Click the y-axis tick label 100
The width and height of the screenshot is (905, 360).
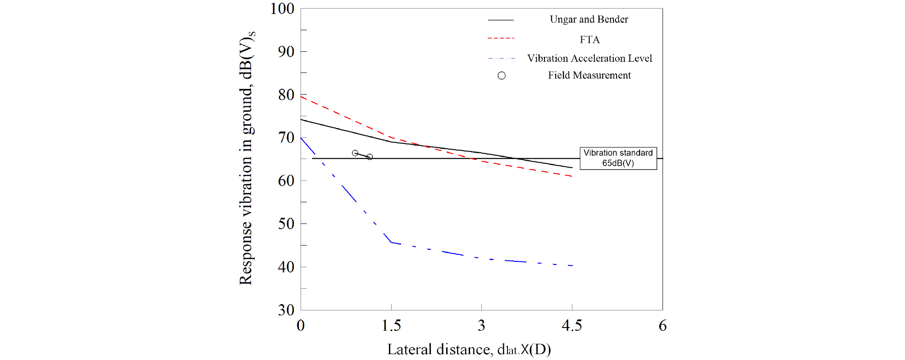(x=282, y=9)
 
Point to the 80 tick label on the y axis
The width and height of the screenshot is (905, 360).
(x=286, y=95)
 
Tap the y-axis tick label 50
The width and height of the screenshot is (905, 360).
(x=286, y=223)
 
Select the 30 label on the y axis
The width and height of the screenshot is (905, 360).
(x=286, y=310)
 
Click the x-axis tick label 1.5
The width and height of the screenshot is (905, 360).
(x=391, y=326)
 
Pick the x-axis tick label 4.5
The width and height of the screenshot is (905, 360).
(x=571, y=326)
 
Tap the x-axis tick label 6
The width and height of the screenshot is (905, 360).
(x=663, y=326)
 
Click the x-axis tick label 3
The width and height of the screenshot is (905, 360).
(x=481, y=326)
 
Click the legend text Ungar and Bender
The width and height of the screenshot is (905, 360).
(x=589, y=19)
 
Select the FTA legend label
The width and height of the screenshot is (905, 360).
(x=590, y=40)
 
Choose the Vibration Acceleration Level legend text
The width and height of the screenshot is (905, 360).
(x=590, y=58)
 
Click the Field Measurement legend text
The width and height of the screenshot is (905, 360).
(x=589, y=75)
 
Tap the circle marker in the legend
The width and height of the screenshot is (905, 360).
(x=502, y=76)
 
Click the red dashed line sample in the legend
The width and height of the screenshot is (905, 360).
(x=501, y=38)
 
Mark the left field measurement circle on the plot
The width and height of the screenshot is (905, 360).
(x=355, y=153)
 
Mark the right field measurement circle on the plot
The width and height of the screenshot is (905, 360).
(x=370, y=157)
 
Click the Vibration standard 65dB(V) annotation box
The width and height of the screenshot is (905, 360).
(x=618, y=158)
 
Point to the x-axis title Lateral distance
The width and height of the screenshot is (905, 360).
(x=469, y=350)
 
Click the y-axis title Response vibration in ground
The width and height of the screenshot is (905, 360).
(x=246, y=158)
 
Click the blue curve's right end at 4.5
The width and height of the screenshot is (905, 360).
(x=571, y=266)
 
